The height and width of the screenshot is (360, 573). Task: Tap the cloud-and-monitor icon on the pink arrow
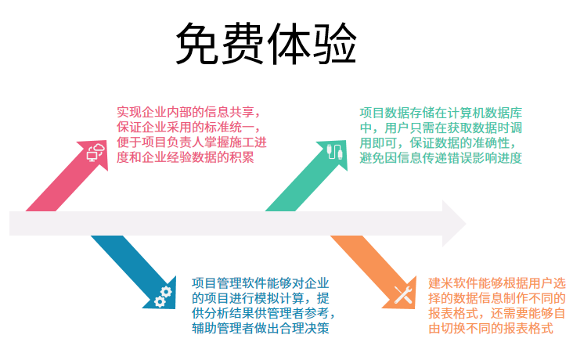(x=95, y=151)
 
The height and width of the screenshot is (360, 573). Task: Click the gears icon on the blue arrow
(x=163, y=296)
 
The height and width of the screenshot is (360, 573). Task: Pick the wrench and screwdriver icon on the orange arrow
(x=403, y=295)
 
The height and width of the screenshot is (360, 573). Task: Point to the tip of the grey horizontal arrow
(x=463, y=223)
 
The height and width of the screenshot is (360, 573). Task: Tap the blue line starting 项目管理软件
(x=260, y=282)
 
